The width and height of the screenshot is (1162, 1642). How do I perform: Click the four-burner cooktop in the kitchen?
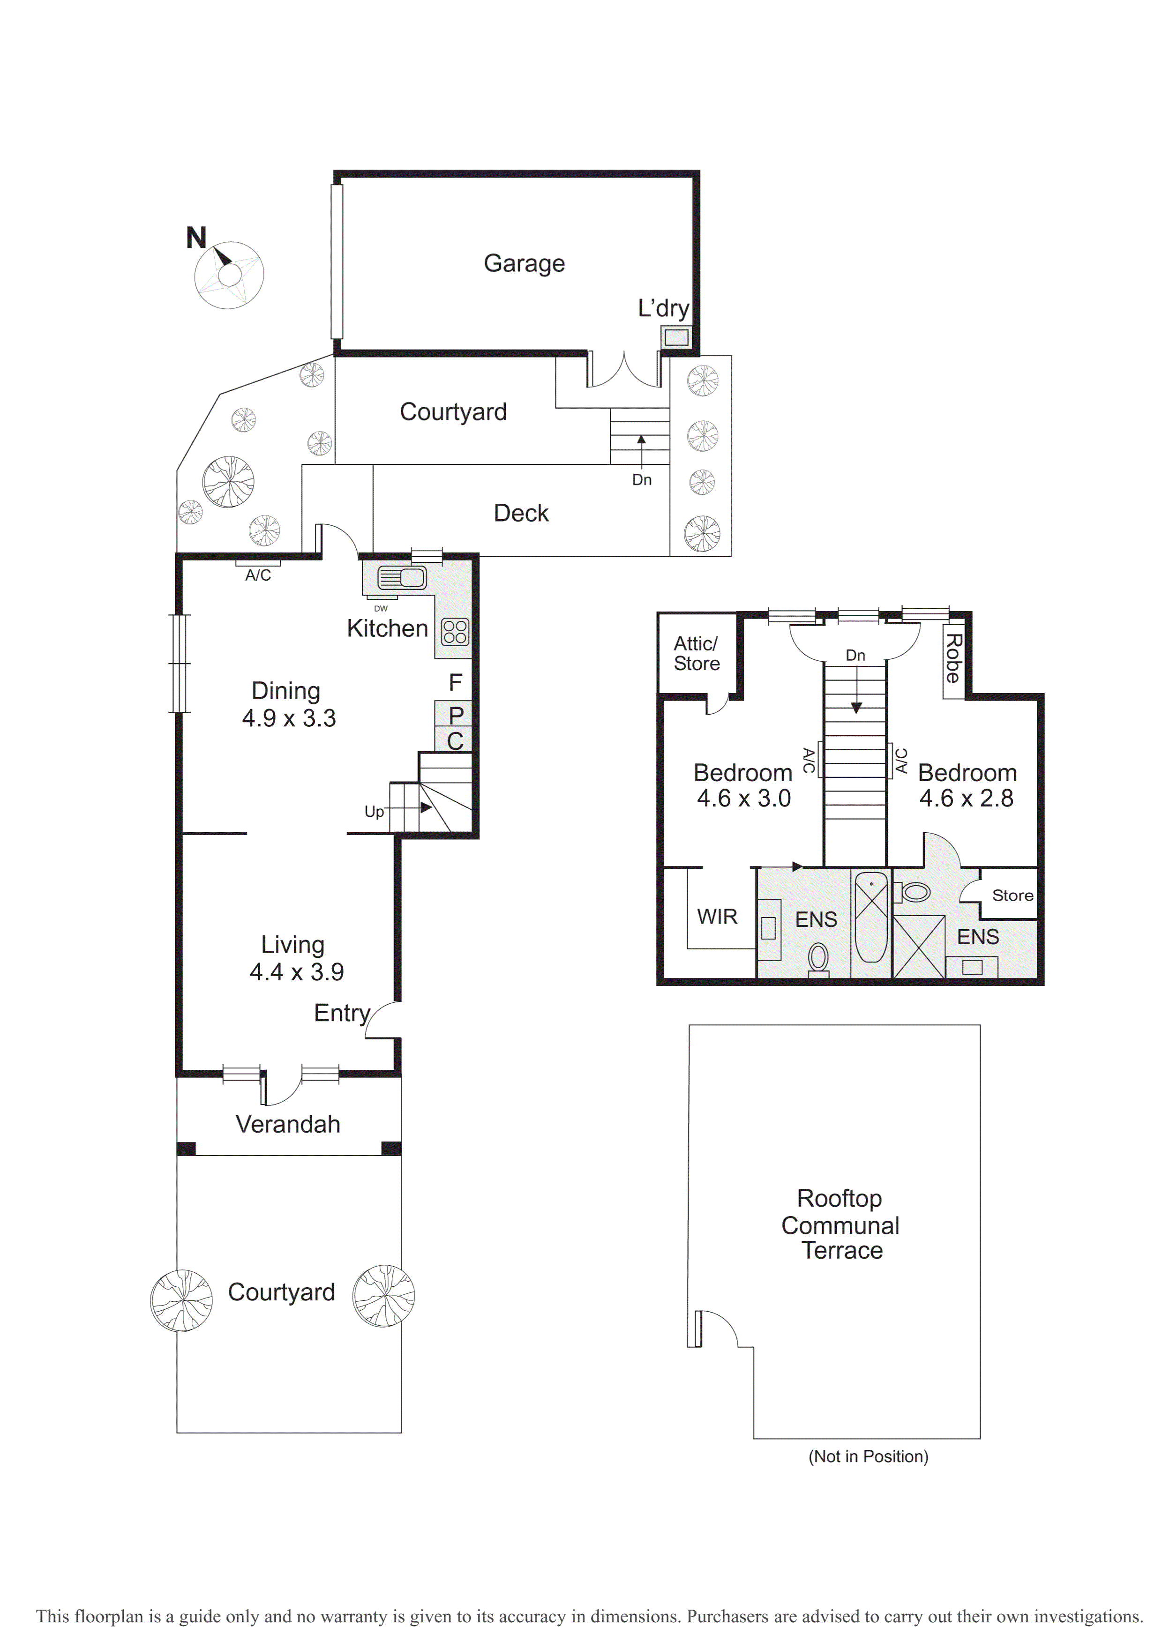[x=455, y=632]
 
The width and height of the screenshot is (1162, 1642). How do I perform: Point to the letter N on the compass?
[x=196, y=238]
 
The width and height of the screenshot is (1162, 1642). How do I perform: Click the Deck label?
[x=521, y=514]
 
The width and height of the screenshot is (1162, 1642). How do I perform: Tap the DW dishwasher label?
[x=381, y=609]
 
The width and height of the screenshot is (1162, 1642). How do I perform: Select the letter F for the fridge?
[x=455, y=683]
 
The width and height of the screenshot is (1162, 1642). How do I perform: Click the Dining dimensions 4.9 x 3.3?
[x=289, y=718]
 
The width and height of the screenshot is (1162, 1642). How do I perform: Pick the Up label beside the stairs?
[x=374, y=812]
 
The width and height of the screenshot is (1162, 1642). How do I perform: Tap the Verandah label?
[x=288, y=1125]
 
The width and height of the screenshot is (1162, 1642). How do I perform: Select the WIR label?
[x=717, y=917]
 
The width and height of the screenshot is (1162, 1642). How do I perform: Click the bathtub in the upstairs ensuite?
[x=871, y=918]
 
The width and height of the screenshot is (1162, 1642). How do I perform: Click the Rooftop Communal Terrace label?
[x=841, y=1225]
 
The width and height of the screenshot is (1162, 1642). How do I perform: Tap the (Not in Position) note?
[x=868, y=1457]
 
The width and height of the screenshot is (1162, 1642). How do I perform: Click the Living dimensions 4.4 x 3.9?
[x=297, y=972]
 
